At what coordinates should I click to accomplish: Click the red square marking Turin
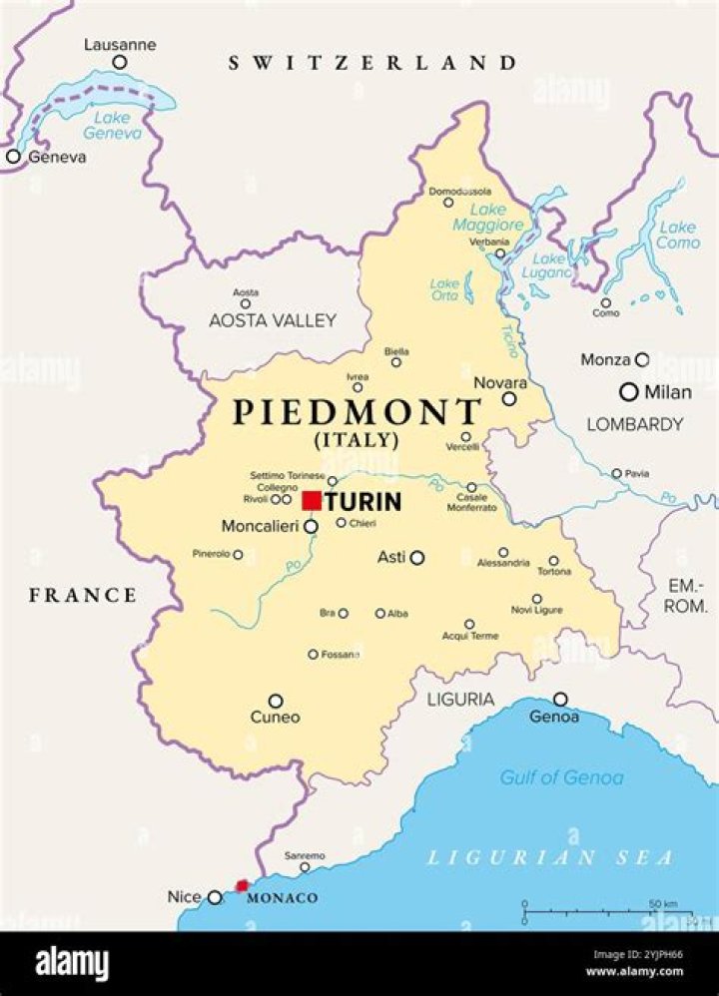pyautogui.click(x=312, y=500)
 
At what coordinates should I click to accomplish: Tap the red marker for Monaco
pyautogui.click(x=242, y=885)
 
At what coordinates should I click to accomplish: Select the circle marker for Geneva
pyautogui.click(x=13, y=157)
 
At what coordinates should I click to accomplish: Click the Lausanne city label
pyautogui.click(x=120, y=45)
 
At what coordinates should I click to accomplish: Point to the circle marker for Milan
pyautogui.click(x=628, y=392)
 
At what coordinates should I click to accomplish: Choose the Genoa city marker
pyautogui.click(x=560, y=699)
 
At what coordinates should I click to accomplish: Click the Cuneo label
pyautogui.click(x=276, y=718)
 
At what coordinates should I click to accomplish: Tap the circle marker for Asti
pyautogui.click(x=416, y=558)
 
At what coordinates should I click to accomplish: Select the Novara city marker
pyautogui.click(x=509, y=398)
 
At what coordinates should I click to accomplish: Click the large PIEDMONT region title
pyautogui.click(x=357, y=412)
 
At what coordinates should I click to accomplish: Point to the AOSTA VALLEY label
pyautogui.click(x=273, y=321)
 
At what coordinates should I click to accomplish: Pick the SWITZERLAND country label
pyautogui.click(x=372, y=63)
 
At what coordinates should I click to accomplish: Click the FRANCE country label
pyautogui.click(x=83, y=596)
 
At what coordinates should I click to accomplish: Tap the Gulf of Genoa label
pyautogui.click(x=561, y=777)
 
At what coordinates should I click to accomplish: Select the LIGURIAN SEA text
pyautogui.click(x=551, y=857)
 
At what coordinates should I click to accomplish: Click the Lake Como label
pyautogui.click(x=677, y=236)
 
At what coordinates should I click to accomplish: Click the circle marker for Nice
pyautogui.click(x=215, y=897)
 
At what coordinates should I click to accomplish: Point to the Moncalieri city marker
pyautogui.click(x=311, y=526)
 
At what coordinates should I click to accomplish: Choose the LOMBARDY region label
pyautogui.click(x=634, y=425)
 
